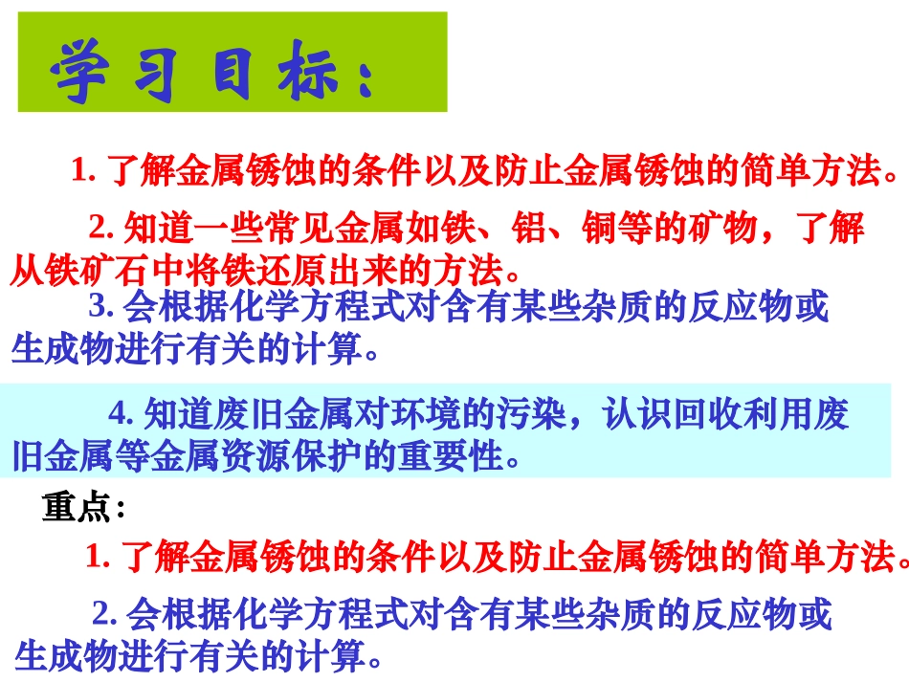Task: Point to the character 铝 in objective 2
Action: (x=529, y=229)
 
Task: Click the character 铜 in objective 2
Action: (x=600, y=229)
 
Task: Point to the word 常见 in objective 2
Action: (x=277, y=229)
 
